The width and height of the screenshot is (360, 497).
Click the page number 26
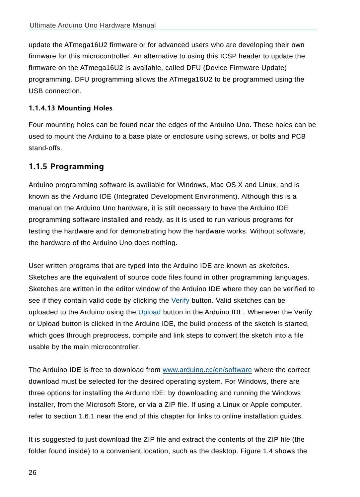[x=33, y=473]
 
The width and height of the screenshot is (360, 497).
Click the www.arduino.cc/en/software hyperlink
[x=207, y=370]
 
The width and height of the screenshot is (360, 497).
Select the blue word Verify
[x=180, y=301]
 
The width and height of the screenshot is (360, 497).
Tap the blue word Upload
[x=149, y=312]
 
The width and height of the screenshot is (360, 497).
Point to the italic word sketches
[x=273, y=266]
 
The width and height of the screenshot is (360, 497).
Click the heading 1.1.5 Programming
[x=66, y=166]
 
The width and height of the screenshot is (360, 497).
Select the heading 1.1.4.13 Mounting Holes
[x=71, y=108]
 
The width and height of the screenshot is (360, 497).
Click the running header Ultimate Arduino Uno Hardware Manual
[x=93, y=26]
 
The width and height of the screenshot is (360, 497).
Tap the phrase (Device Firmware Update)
[x=245, y=68]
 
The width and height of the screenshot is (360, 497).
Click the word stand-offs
[x=45, y=148]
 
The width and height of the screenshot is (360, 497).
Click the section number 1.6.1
[x=87, y=416]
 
